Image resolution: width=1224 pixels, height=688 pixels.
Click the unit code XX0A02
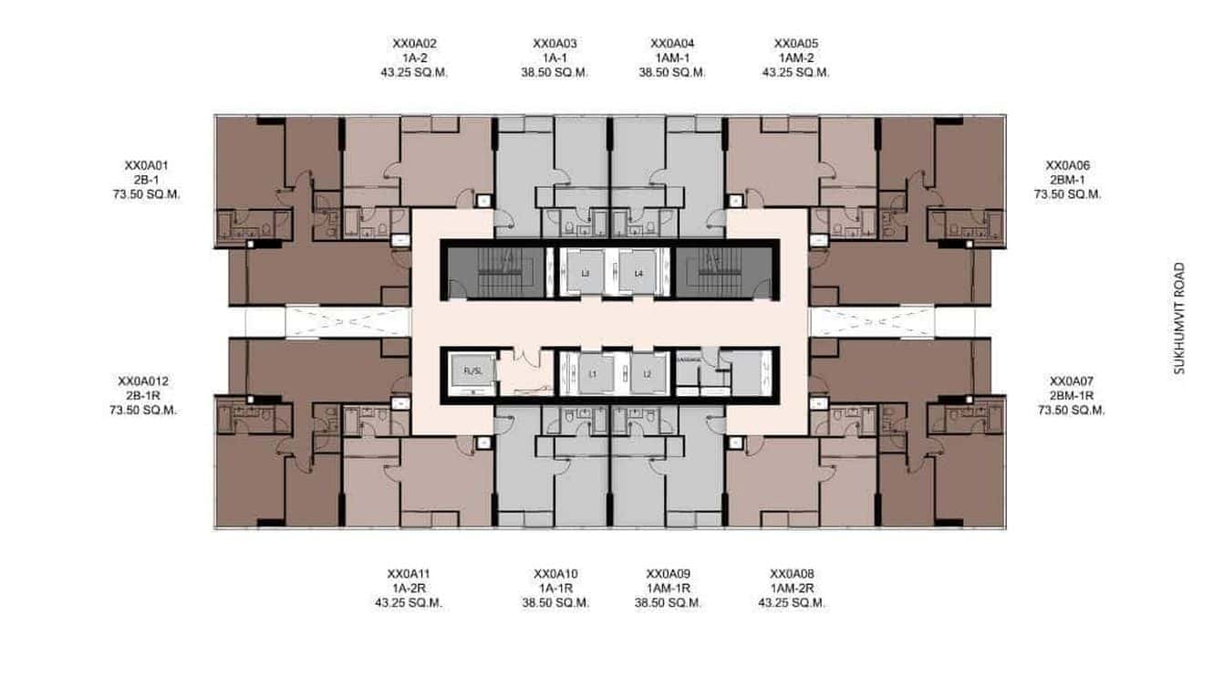point(415,43)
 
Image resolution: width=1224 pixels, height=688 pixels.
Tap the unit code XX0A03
point(555,43)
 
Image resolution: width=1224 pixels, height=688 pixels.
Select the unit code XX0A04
point(672,43)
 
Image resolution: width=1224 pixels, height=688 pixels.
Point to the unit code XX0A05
point(795,43)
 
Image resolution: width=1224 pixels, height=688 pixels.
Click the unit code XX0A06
point(1067,165)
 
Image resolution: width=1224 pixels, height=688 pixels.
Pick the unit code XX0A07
point(1071,380)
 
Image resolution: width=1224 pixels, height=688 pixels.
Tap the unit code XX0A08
point(792,574)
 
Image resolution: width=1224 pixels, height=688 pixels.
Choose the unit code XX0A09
point(669,574)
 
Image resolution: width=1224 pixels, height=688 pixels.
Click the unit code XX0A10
point(555,574)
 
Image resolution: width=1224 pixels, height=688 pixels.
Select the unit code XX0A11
point(409,574)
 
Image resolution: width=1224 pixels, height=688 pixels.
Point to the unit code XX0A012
point(143,380)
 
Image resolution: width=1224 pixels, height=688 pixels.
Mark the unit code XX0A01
point(147,165)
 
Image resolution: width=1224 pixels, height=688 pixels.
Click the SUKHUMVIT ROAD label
point(1179,319)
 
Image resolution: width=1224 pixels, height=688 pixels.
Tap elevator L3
point(586,273)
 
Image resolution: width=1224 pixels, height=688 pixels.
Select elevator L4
point(638,273)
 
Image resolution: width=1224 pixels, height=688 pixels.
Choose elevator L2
point(648,374)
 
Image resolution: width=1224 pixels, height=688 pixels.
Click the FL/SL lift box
point(472,372)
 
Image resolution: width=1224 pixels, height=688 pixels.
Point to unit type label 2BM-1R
point(1071,395)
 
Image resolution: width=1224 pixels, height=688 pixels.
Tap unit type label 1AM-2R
point(792,589)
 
